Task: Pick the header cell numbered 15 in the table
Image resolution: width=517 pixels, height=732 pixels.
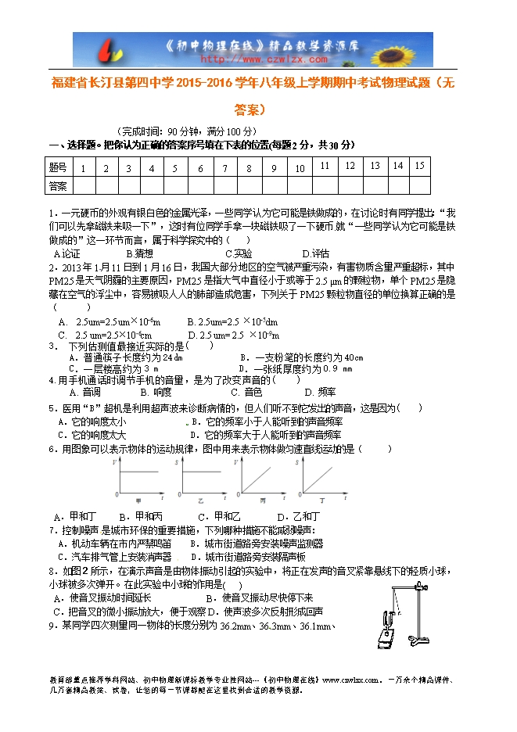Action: coord(420,166)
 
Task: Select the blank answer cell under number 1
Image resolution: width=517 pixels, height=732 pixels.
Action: coord(82,185)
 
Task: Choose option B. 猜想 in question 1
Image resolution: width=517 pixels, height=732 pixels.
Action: coord(140,253)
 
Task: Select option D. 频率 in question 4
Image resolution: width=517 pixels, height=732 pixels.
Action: coord(320,392)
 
